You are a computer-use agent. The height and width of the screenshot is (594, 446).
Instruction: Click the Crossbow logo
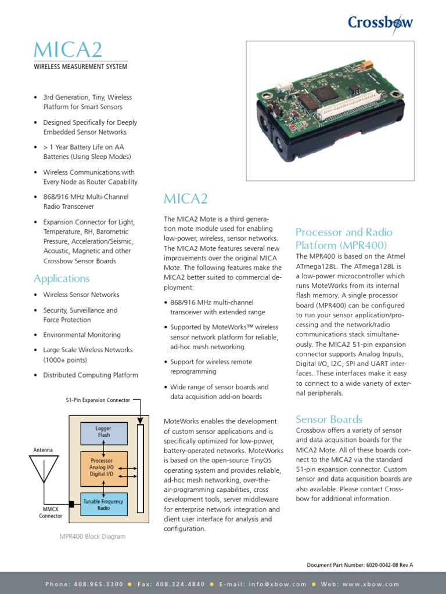tap(380, 23)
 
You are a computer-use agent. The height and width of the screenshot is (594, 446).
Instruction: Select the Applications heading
tap(62, 278)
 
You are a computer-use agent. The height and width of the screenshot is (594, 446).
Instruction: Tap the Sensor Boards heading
tap(329, 419)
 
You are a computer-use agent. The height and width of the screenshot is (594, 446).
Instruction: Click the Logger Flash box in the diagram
tap(103, 432)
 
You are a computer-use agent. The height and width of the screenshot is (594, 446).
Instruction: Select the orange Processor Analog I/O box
tap(103, 468)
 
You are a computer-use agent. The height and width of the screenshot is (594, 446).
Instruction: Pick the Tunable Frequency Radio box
tap(103, 504)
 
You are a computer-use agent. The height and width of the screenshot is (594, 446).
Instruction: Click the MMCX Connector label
tap(51, 512)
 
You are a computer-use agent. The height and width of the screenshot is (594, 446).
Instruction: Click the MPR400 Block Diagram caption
tap(92, 537)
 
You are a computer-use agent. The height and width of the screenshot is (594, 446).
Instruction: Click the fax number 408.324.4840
tap(179, 584)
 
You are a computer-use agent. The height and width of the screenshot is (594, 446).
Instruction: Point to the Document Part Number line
tap(359, 564)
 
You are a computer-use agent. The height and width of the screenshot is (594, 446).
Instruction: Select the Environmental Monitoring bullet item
tap(82, 335)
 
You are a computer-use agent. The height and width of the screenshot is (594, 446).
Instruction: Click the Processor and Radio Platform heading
tap(341, 238)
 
